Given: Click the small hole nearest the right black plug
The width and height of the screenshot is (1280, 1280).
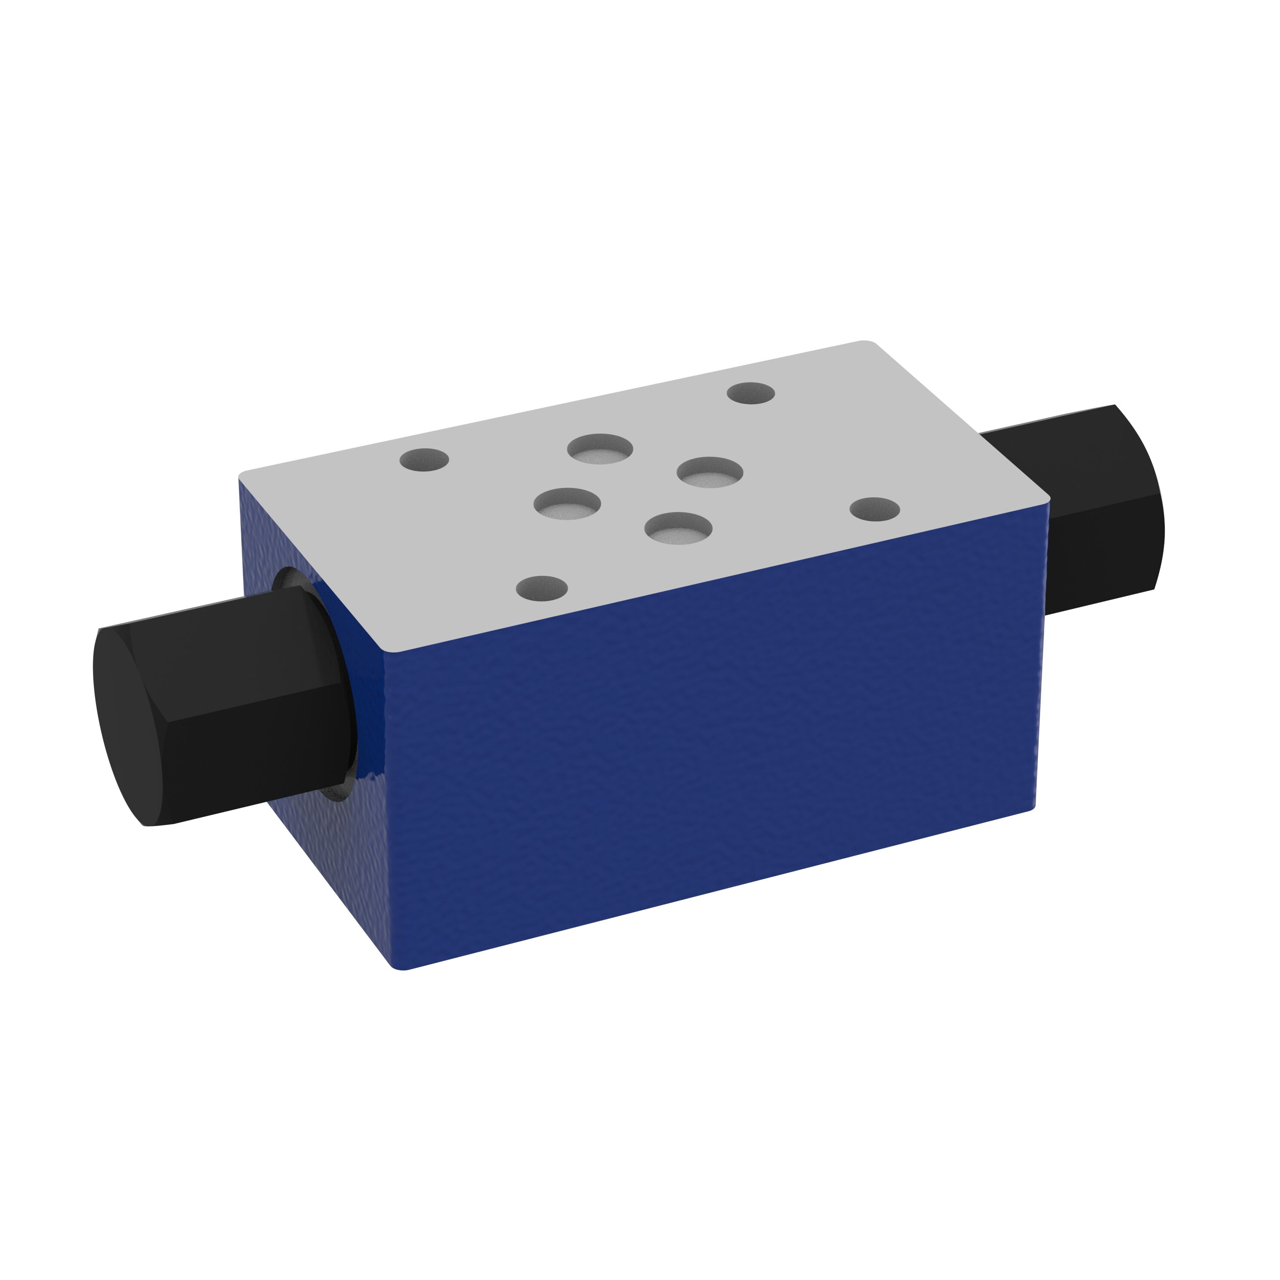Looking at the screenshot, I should tap(874, 509).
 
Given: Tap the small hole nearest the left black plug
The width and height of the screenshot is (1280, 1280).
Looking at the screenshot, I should tap(425, 459).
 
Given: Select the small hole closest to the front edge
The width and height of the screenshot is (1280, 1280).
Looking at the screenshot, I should tap(542, 587).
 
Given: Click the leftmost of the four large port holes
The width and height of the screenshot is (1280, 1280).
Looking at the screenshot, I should tap(567, 504).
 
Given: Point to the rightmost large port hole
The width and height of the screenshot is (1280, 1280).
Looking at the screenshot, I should tap(710, 472).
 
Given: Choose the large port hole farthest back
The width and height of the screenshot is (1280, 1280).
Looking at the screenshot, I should tap(600, 449).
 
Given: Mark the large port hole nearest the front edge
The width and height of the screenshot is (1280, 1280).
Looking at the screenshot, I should tap(678, 528).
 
